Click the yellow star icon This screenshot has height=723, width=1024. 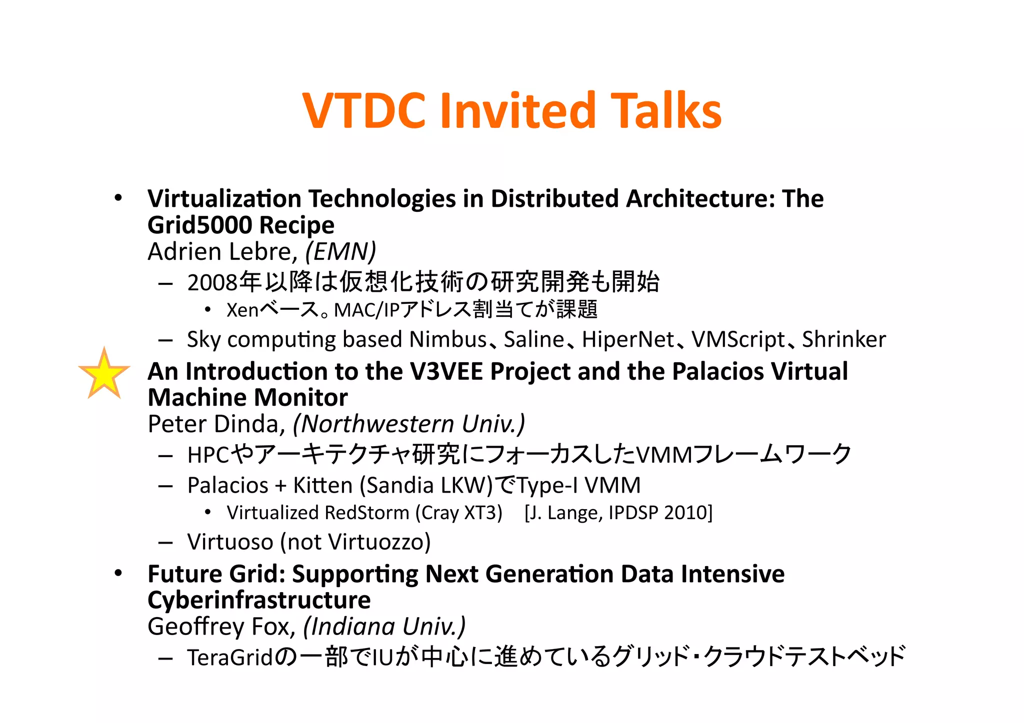tap(104, 375)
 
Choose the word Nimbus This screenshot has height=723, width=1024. tap(448, 340)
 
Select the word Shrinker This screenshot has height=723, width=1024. tap(844, 340)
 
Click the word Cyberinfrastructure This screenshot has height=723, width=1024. tap(259, 600)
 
